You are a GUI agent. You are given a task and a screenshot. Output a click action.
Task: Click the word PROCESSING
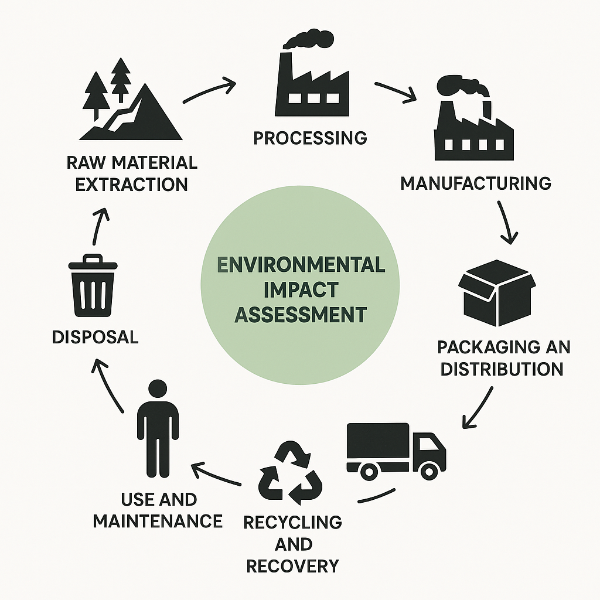(310, 138)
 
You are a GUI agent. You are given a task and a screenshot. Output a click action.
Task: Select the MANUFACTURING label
(475, 183)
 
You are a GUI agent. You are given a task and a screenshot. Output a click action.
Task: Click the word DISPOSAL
(95, 337)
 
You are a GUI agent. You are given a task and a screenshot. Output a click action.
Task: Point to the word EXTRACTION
(132, 184)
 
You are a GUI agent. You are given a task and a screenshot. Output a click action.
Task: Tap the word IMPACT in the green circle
(301, 289)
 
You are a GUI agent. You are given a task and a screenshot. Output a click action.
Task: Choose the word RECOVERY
(292, 566)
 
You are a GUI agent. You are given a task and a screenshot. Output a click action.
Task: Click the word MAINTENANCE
(158, 520)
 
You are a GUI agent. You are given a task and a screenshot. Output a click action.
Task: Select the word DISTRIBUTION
(502, 369)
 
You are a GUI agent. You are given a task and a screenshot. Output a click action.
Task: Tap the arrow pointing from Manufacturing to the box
(506, 223)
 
